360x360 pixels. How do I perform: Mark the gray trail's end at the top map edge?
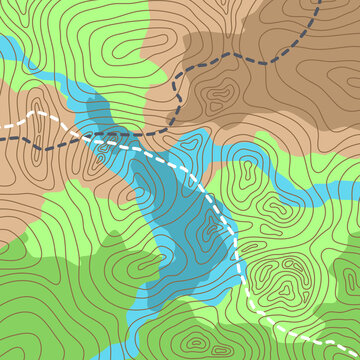coord(319,2)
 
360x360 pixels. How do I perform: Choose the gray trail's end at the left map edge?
coord(2,140)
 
